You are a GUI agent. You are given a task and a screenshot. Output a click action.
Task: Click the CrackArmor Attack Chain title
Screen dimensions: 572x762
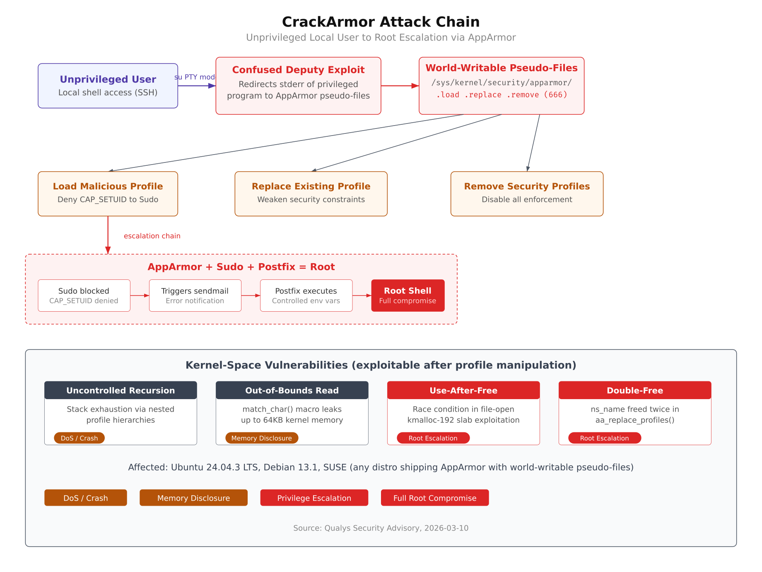tap(381, 22)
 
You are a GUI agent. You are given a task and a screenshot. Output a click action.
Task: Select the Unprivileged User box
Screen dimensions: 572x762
tap(108, 86)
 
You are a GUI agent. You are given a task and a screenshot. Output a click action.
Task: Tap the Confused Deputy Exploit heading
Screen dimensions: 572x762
tap(298, 70)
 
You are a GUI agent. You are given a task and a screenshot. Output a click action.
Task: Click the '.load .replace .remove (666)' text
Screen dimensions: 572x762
tap(502, 95)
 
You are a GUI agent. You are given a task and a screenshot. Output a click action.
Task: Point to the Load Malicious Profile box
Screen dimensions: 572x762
tap(108, 194)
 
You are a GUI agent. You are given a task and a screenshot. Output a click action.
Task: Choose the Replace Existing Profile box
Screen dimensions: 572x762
tap(311, 194)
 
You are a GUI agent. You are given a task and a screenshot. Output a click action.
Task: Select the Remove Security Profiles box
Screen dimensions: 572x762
tap(527, 194)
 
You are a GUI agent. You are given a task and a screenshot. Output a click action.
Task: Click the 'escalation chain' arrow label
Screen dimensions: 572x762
tap(152, 236)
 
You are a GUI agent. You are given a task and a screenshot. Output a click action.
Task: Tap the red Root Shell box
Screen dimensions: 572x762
tap(408, 295)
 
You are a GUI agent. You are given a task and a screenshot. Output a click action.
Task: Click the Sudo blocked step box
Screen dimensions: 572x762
tap(84, 295)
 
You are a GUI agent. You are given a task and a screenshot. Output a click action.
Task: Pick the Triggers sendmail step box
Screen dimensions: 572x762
tap(195, 295)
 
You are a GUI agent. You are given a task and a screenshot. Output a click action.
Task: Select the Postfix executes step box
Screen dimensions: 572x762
tap(306, 295)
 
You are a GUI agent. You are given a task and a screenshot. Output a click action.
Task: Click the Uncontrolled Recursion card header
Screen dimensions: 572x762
tap(121, 390)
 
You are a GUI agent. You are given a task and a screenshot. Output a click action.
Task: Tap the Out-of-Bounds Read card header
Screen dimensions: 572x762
tap(292, 390)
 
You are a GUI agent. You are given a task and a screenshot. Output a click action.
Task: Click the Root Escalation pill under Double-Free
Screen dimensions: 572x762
tap(604, 438)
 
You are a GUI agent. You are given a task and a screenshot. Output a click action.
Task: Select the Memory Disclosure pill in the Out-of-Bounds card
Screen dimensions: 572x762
tap(261, 438)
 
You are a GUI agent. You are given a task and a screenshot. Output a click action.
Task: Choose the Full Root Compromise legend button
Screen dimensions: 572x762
tap(434, 498)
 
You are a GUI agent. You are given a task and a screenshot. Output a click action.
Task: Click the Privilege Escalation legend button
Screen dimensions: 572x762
tap(314, 498)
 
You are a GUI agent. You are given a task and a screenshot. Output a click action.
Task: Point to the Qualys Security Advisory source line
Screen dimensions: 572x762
tap(381, 528)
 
